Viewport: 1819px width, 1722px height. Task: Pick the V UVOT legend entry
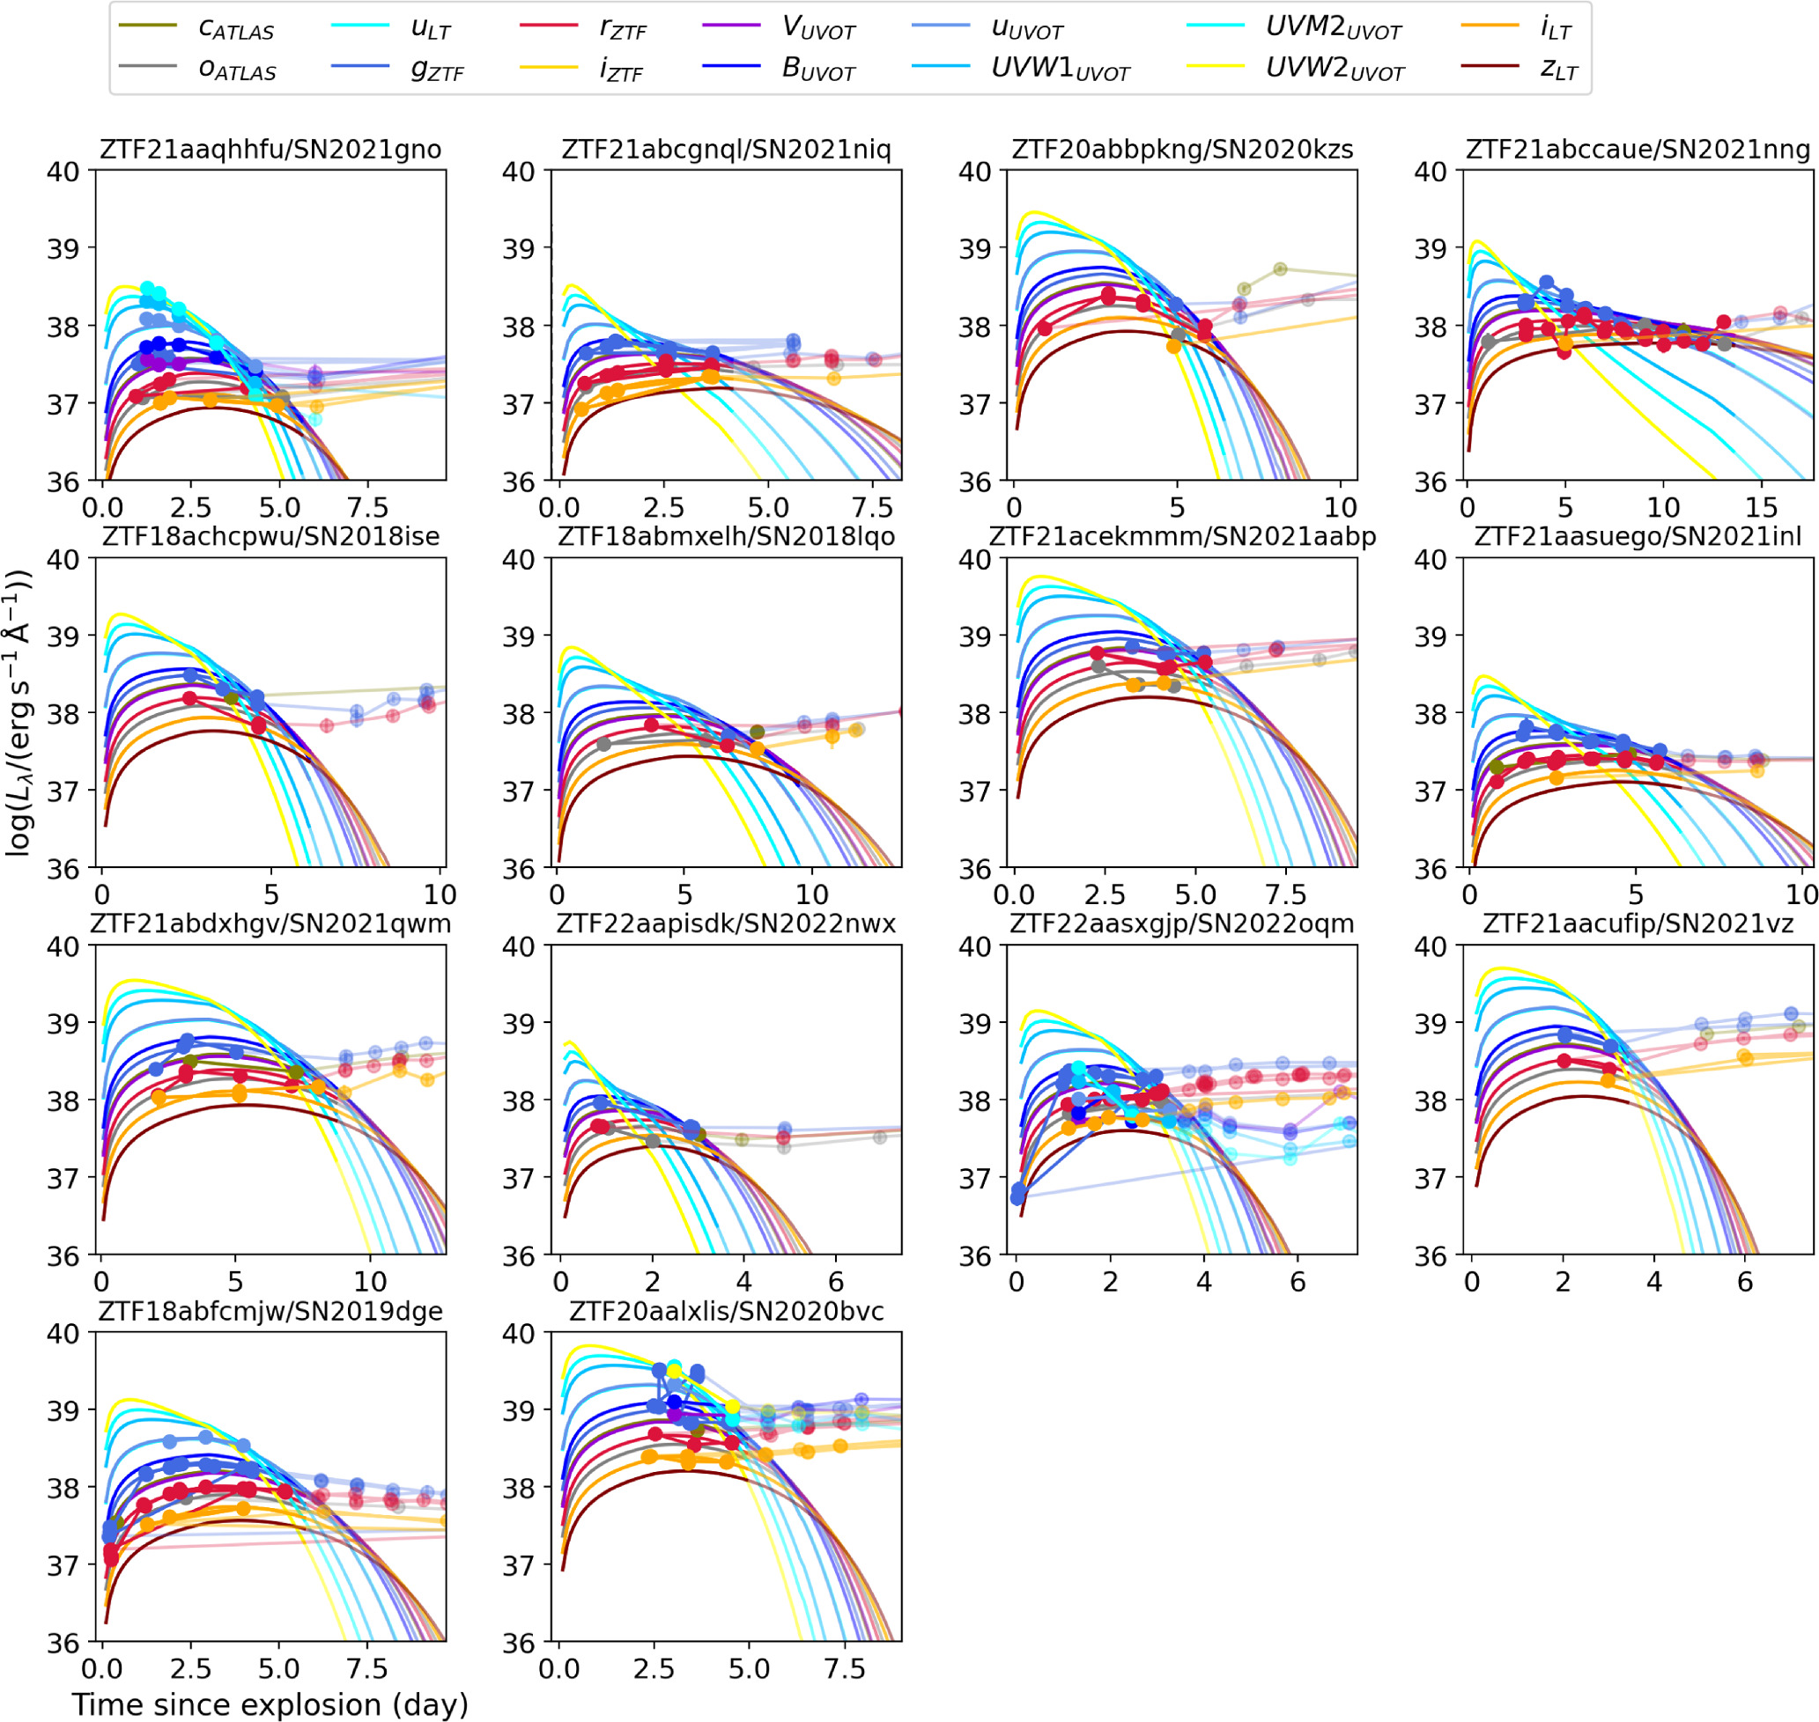778,27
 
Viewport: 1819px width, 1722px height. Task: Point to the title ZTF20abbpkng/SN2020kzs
1183,150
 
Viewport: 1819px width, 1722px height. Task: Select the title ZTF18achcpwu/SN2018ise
271,536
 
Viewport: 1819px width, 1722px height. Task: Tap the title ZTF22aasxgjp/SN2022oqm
1182,924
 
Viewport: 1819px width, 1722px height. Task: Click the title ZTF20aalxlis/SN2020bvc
727,1311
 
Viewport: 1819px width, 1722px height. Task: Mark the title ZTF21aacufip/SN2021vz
1638,924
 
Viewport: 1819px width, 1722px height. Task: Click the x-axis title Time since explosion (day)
270,1704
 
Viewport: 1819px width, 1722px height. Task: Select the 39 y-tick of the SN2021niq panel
519,249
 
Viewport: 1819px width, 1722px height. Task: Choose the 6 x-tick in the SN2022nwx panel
836,1282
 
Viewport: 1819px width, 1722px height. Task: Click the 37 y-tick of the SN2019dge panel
63,1566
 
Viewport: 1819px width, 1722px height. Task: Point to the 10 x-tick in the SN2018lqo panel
811,895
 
